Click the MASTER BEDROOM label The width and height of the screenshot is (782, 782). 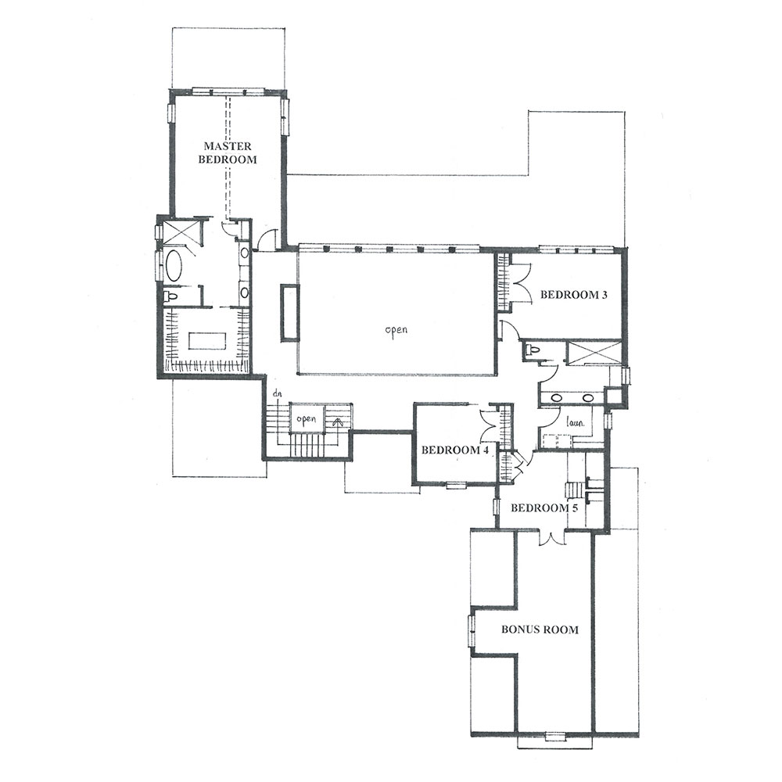(228, 152)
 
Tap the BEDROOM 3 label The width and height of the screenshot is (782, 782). (573, 294)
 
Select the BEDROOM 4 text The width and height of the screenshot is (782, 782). (455, 450)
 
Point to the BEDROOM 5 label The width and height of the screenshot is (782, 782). (544, 508)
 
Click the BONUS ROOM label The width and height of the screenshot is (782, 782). (540, 630)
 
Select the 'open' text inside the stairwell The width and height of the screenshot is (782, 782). (307, 419)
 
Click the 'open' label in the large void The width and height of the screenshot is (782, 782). (396, 330)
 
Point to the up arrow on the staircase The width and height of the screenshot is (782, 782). (338, 423)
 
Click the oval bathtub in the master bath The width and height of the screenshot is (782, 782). (174, 265)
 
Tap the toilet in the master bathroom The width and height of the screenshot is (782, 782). (171, 297)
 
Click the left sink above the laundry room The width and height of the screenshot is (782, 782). (557, 398)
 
